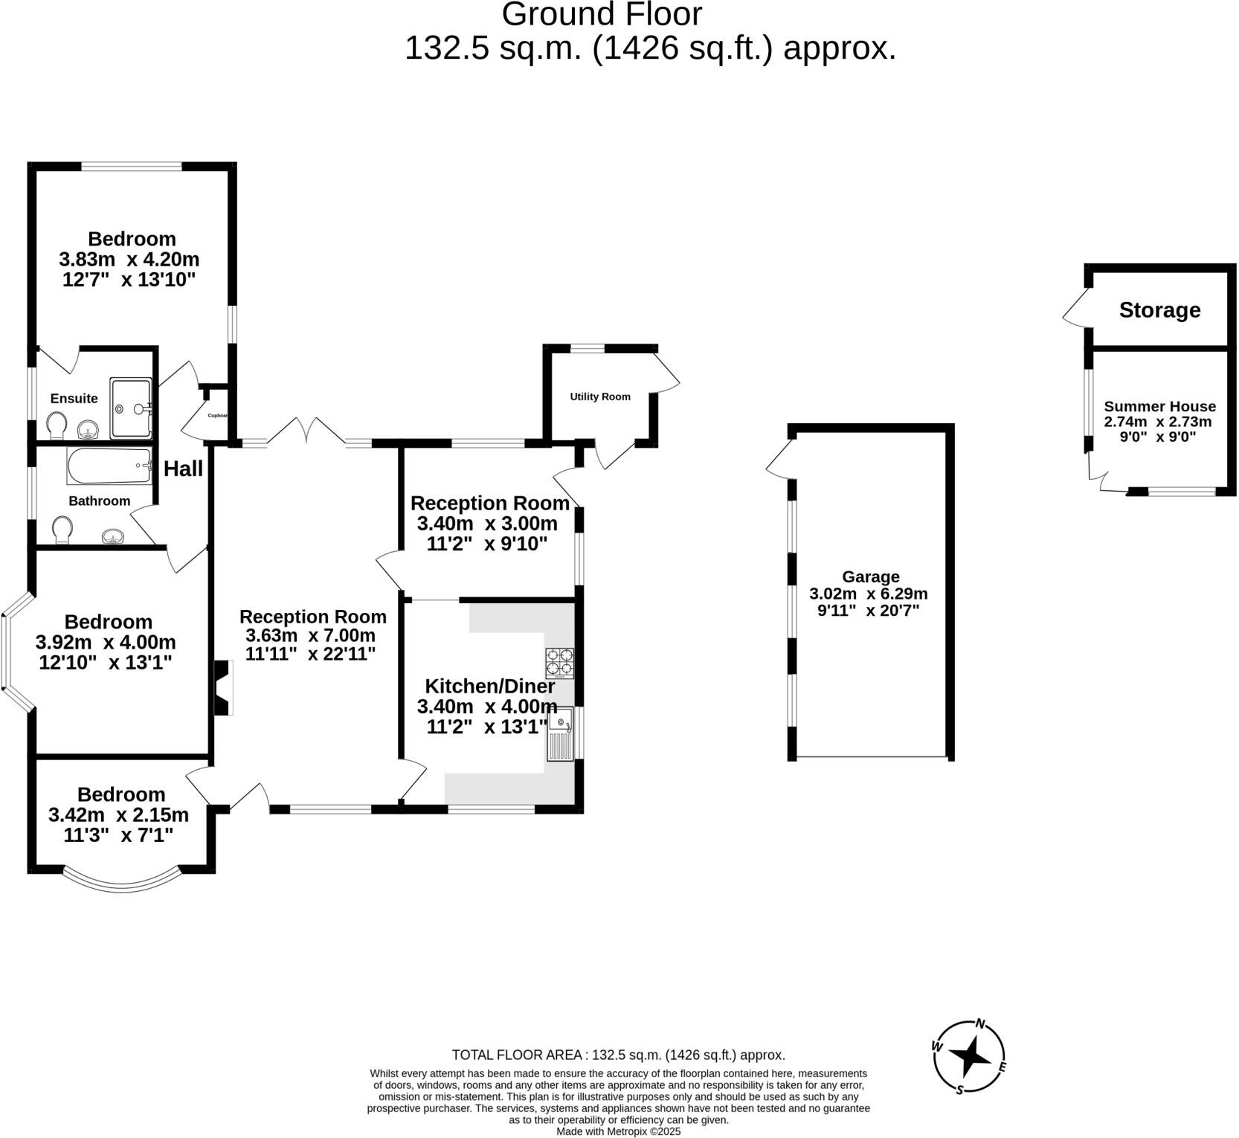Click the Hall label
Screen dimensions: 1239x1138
tap(183, 469)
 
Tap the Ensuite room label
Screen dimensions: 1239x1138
tap(74, 399)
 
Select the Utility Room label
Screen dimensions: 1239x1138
tap(600, 396)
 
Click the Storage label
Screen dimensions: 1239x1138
tap(1159, 310)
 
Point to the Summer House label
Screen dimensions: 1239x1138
tap(1159, 406)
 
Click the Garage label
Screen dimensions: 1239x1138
tap(870, 576)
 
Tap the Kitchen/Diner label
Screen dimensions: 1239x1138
tap(489, 686)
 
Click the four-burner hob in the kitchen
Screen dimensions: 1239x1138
tap(560, 663)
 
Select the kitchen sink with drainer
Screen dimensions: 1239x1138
tap(561, 734)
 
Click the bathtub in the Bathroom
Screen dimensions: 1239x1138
tap(109, 466)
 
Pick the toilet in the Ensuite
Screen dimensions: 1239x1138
tap(57, 426)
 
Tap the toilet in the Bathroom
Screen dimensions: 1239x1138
tap(62, 530)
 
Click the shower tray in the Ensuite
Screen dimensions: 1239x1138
tap(131, 408)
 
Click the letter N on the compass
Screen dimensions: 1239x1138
tap(980, 1024)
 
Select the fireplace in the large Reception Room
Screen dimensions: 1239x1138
tap(223, 688)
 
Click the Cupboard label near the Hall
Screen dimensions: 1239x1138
tap(217, 416)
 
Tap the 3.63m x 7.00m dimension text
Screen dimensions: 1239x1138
tap(310, 635)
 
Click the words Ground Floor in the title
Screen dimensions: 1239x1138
tap(602, 14)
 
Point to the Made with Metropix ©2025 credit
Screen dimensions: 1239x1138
tap(619, 1131)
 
